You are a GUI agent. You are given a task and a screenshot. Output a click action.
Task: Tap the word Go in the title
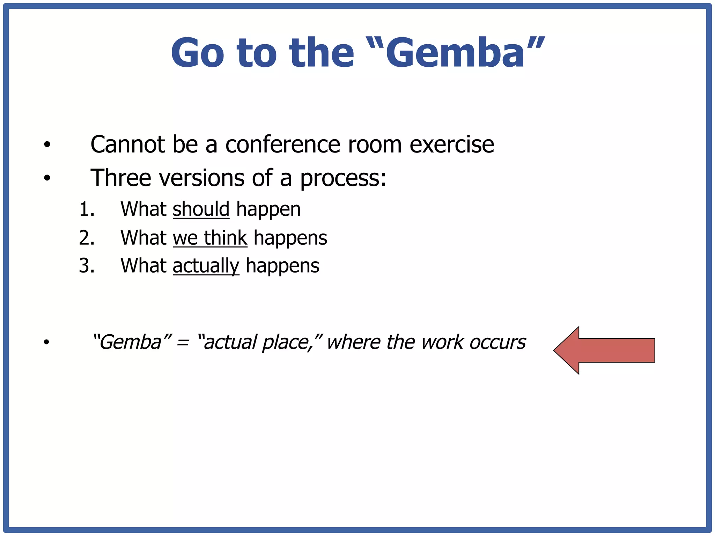tap(197, 53)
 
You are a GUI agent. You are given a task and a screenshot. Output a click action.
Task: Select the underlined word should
tap(201, 209)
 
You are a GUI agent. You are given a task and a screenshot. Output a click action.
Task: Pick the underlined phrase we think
tap(210, 238)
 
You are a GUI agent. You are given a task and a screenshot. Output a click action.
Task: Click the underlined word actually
tap(206, 266)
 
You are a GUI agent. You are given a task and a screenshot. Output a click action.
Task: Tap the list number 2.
tap(87, 238)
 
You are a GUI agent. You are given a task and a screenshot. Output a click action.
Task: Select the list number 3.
tap(87, 266)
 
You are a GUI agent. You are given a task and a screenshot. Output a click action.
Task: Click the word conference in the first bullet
tap(282, 144)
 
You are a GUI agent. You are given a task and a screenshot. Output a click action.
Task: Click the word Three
tap(121, 178)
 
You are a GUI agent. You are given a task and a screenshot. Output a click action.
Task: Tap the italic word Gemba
tap(131, 342)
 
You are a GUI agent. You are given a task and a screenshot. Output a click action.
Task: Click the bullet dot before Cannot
tap(47, 144)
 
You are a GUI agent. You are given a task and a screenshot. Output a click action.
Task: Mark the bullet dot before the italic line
tap(47, 342)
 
